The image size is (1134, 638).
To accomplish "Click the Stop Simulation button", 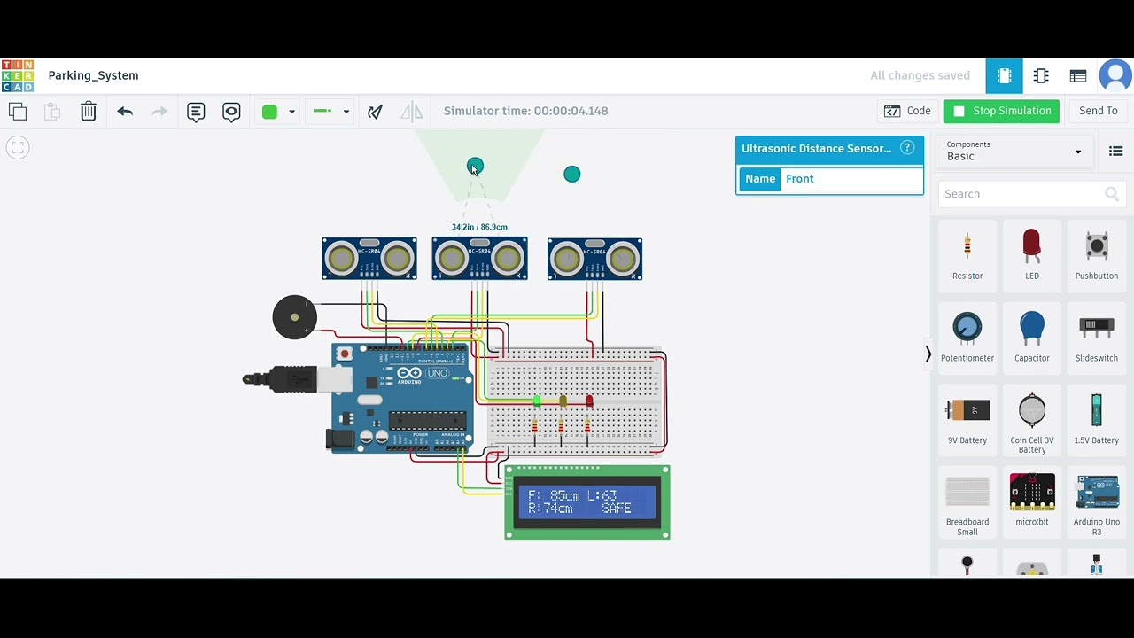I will pyautogui.click(x=1001, y=111).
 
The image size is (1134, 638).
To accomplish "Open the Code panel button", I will pyautogui.click(x=907, y=111).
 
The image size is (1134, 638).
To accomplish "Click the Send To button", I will pyautogui.click(x=1098, y=111).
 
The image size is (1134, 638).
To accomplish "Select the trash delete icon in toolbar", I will pyautogui.click(x=89, y=111).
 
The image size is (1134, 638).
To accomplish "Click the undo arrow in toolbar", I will pyautogui.click(x=125, y=111).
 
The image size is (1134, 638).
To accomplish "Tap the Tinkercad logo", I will pyautogui.click(x=18, y=75).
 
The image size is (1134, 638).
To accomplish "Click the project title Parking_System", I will pyautogui.click(x=93, y=75).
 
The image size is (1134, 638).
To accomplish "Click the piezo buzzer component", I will pyautogui.click(x=294, y=317).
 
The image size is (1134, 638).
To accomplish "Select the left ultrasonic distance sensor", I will pyautogui.click(x=369, y=259).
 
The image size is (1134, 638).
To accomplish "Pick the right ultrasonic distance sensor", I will pyautogui.click(x=594, y=259).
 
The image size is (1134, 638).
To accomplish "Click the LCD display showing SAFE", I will pyautogui.click(x=586, y=502).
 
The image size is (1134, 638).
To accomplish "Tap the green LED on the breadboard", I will pyautogui.click(x=537, y=402).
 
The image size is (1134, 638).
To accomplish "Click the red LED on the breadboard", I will pyautogui.click(x=589, y=402).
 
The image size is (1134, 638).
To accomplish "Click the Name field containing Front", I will pyautogui.click(x=850, y=179).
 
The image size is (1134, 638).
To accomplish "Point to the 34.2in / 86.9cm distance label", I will pyautogui.click(x=479, y=227).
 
